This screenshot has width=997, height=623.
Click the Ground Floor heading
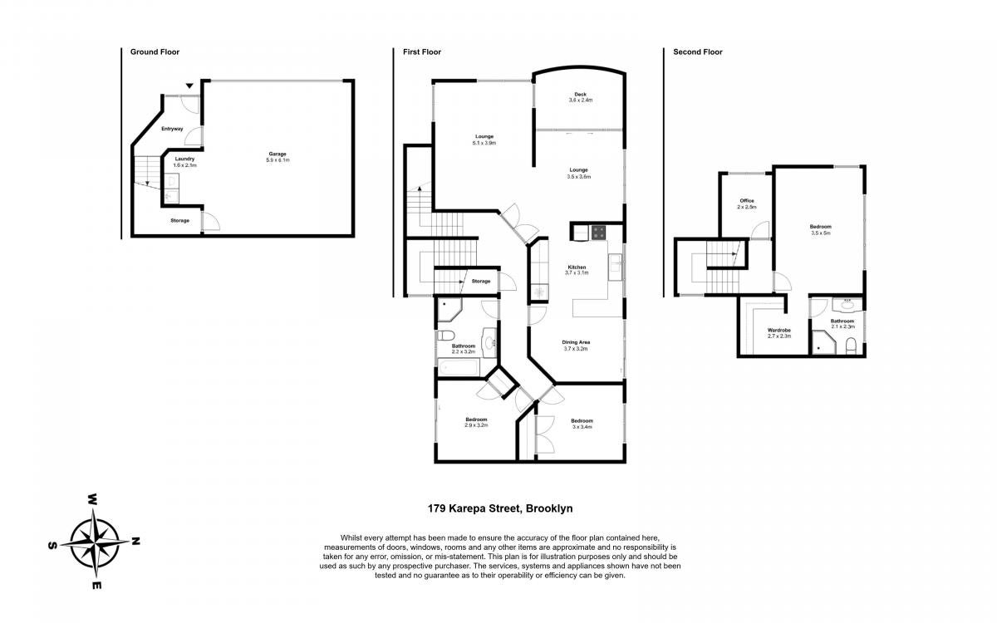[155, 52]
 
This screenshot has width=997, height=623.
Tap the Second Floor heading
[697, 52]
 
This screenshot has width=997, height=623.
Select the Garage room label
[277, 154]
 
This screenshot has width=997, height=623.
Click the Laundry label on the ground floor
[184, 159]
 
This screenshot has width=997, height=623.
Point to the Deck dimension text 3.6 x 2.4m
[581, 101]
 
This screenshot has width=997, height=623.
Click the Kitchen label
[577, 267]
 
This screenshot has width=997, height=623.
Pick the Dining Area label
[576, 342]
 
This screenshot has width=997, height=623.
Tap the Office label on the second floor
[747, 201]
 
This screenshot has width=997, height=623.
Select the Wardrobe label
[779, 331]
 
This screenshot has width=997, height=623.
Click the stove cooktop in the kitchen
[598, 233]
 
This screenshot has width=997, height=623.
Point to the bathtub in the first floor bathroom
[459, 367]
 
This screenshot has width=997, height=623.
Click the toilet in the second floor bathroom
[851, 346]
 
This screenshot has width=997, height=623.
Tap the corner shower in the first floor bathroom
[449, 310]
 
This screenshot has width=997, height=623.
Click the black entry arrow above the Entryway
[190, 86]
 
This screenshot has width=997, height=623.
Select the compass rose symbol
[95, 543]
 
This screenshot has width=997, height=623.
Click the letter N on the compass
[135, 541]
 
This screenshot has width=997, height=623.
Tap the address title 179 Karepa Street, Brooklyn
[500, 508]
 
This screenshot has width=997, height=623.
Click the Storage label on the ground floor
[179, 220]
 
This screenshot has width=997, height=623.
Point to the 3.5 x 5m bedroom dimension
[821, 233]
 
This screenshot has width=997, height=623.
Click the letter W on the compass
[92, 499]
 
